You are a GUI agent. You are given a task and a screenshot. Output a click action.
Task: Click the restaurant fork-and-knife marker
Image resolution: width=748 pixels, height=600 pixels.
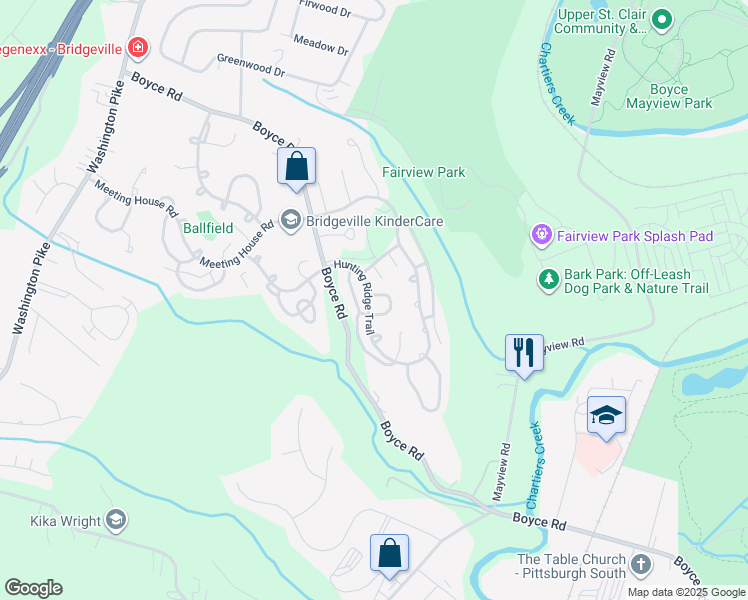(x=524, y=353)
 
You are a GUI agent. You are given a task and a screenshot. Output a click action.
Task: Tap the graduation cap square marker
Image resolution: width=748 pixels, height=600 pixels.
(x=606, y=415)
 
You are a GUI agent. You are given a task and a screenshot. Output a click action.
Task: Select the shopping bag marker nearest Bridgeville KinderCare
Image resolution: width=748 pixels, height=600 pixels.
(x=297, y=167)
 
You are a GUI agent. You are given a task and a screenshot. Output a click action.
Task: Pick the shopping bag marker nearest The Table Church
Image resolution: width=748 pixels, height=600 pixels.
(x=389, y=553)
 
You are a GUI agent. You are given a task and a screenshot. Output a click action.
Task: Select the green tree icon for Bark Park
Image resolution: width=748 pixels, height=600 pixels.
(x=548, y=279)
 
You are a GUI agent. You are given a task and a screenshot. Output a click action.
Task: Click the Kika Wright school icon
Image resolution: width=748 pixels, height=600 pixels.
(x=117, y=520)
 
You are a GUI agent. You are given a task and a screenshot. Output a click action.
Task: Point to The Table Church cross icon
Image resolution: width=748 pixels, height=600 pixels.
(x=641, y=567)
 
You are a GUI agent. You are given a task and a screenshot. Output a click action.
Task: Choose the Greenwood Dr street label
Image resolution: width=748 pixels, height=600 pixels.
(x=251, y=66)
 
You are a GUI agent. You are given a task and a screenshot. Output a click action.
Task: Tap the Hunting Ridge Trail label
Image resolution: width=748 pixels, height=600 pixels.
(x=361, y=297)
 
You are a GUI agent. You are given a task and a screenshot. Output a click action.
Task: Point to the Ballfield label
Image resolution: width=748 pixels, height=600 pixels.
(x=207, y=228)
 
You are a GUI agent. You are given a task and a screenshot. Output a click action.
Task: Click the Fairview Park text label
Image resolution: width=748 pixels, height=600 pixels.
(x=424, y=172)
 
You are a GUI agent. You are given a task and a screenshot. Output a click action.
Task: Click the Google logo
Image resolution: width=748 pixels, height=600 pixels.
(x=33, y=588)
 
